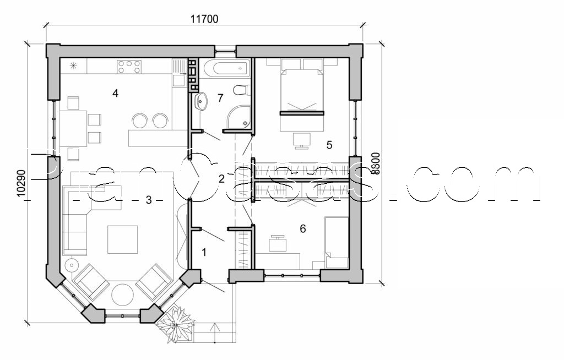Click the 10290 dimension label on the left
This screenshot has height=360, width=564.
21,183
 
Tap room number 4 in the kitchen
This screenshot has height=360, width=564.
115,93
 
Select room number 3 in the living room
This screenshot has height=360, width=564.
148,200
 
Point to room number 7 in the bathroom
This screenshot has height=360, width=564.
220,98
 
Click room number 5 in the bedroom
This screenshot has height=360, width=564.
329,145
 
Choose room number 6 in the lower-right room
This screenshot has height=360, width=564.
302,228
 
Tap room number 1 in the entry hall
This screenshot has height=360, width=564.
204,253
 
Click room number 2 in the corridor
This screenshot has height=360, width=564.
221,178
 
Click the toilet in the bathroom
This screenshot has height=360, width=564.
241,89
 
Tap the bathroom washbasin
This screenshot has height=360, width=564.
202,101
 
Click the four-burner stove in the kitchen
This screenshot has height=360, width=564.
128,67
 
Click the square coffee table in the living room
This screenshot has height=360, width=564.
122,239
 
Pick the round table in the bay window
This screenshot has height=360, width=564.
123,295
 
